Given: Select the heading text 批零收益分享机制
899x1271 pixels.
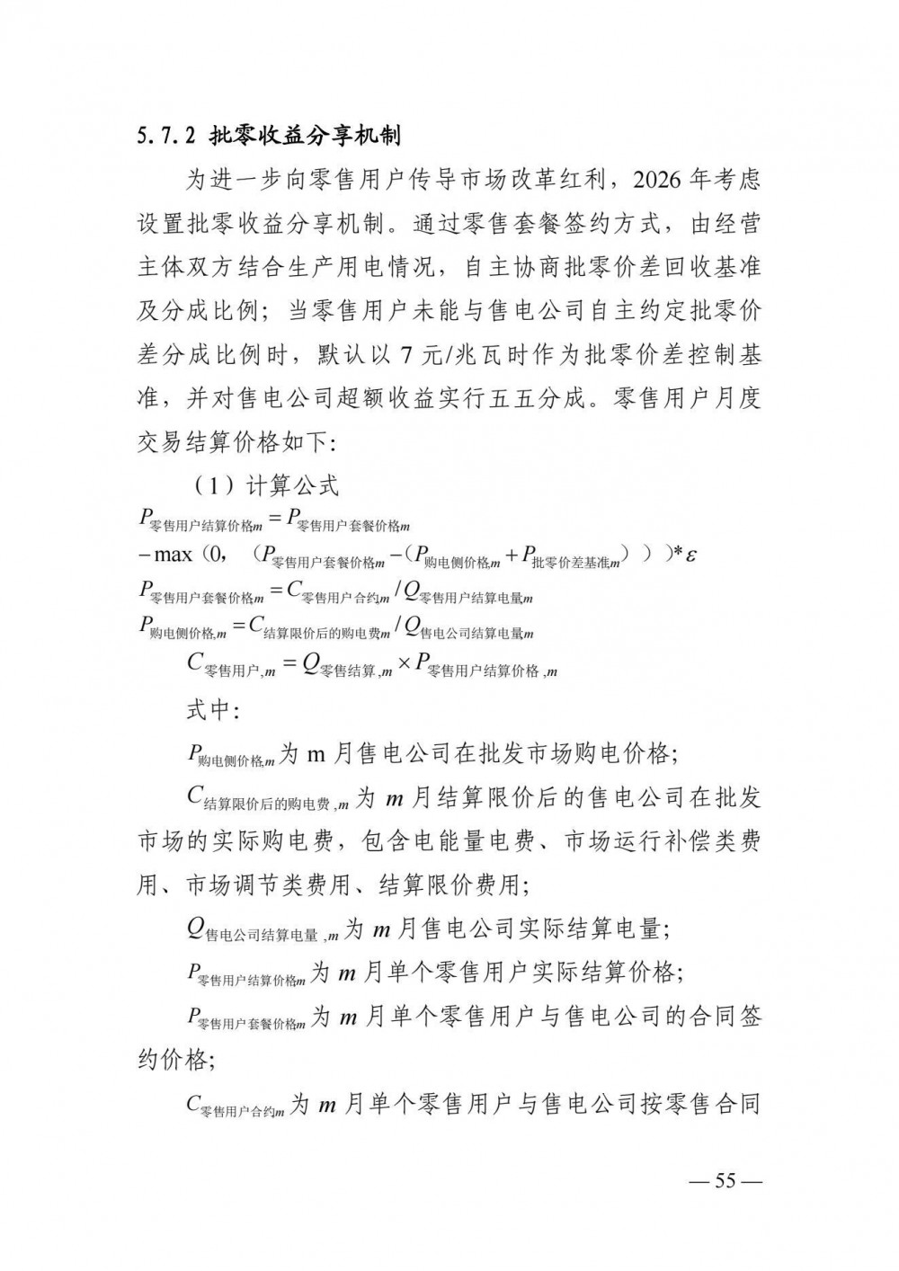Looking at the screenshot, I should click(x=305, y=138).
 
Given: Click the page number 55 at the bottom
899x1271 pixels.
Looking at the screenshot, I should click(x=725, y=1181).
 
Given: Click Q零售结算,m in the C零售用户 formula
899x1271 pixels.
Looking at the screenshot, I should click(x=346, y=666).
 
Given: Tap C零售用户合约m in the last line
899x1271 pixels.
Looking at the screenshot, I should click(x=236, y=1106).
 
